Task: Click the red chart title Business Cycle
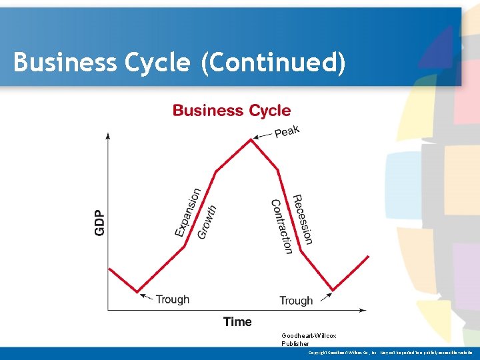pyautogui.click(x=231, y=111)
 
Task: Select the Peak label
pyautogui.click(x=287, y=131)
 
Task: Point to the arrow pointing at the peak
pyautogui.click(x=263, y=137)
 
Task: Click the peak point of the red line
pyautogui.click(x=251, y=139)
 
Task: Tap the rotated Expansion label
pyautogui.click(x=187, y=212)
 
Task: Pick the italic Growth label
pyautogui.click(x=207, y=221)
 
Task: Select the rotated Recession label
pyautogui.click(x=303, y=219)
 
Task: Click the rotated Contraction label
pyautogui.click(x=281, y=227)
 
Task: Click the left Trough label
pyautogui.click(x=172, y=299)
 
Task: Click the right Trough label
pyautogui.click(x=296, y=301)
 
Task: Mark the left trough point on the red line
pyautogui.click(x=137, y=291)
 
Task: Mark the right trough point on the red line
pyautogui.click(x=333, y=290)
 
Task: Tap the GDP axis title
pyautogui.click(x=99, y=222)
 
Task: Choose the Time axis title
pyautogui.click(x=237, y=322)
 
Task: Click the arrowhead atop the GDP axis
pyautogui.click(x=108, y=136)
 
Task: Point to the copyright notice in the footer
pyautogui.click(x=390, y=352)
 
